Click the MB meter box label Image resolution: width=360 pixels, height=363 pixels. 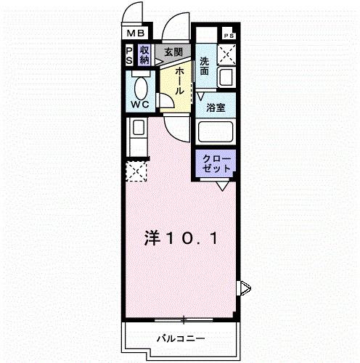tap(136, 33)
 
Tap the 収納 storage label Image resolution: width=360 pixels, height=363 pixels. tap(144, 55)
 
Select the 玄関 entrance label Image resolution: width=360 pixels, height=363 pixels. tap(173, 52)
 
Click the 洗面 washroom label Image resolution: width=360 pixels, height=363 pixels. tap(205, 67)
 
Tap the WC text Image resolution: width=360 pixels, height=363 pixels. tap(139, 105)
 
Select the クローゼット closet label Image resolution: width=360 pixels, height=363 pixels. tap(216, 163)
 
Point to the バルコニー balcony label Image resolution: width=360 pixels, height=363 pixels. tap(180, 338)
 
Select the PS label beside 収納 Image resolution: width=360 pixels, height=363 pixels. tap(129, 55)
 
